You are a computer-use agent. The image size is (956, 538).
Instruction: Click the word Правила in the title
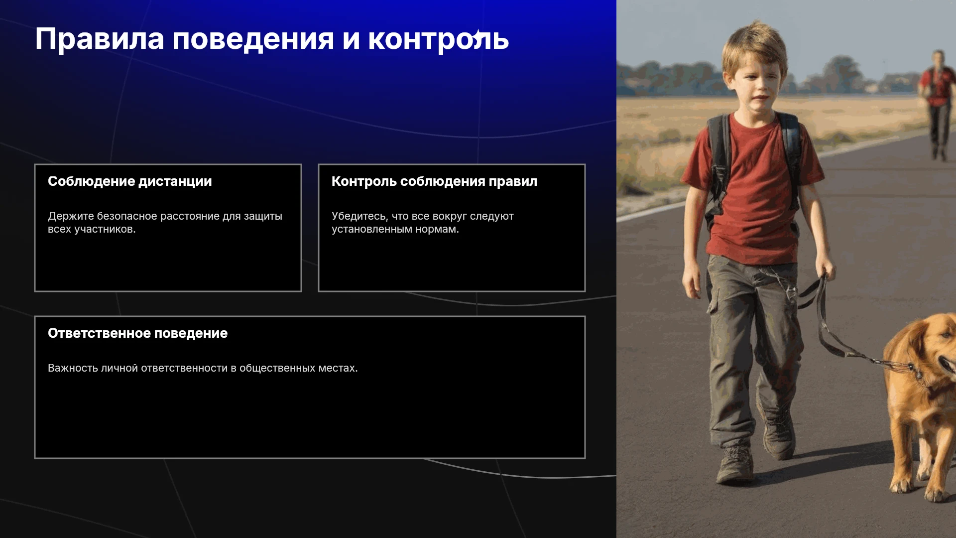pos(100,39)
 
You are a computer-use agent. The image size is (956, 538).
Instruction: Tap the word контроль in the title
pos(438,39)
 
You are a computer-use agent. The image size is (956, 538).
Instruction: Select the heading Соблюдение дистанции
pos(130,181)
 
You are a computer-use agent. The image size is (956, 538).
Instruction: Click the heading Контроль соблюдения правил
pos(434,181)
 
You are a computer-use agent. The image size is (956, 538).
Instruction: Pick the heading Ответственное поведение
pos(137,333)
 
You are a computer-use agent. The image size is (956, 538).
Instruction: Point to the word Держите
pos(71,216)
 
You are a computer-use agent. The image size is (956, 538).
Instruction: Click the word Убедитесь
pos(359,216)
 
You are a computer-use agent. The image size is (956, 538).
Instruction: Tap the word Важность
pos(73,368)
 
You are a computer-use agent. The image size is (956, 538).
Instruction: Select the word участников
pos(105,229)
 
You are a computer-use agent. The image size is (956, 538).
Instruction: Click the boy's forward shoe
pos(735,463)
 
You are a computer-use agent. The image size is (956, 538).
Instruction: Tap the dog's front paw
pos(902,483)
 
